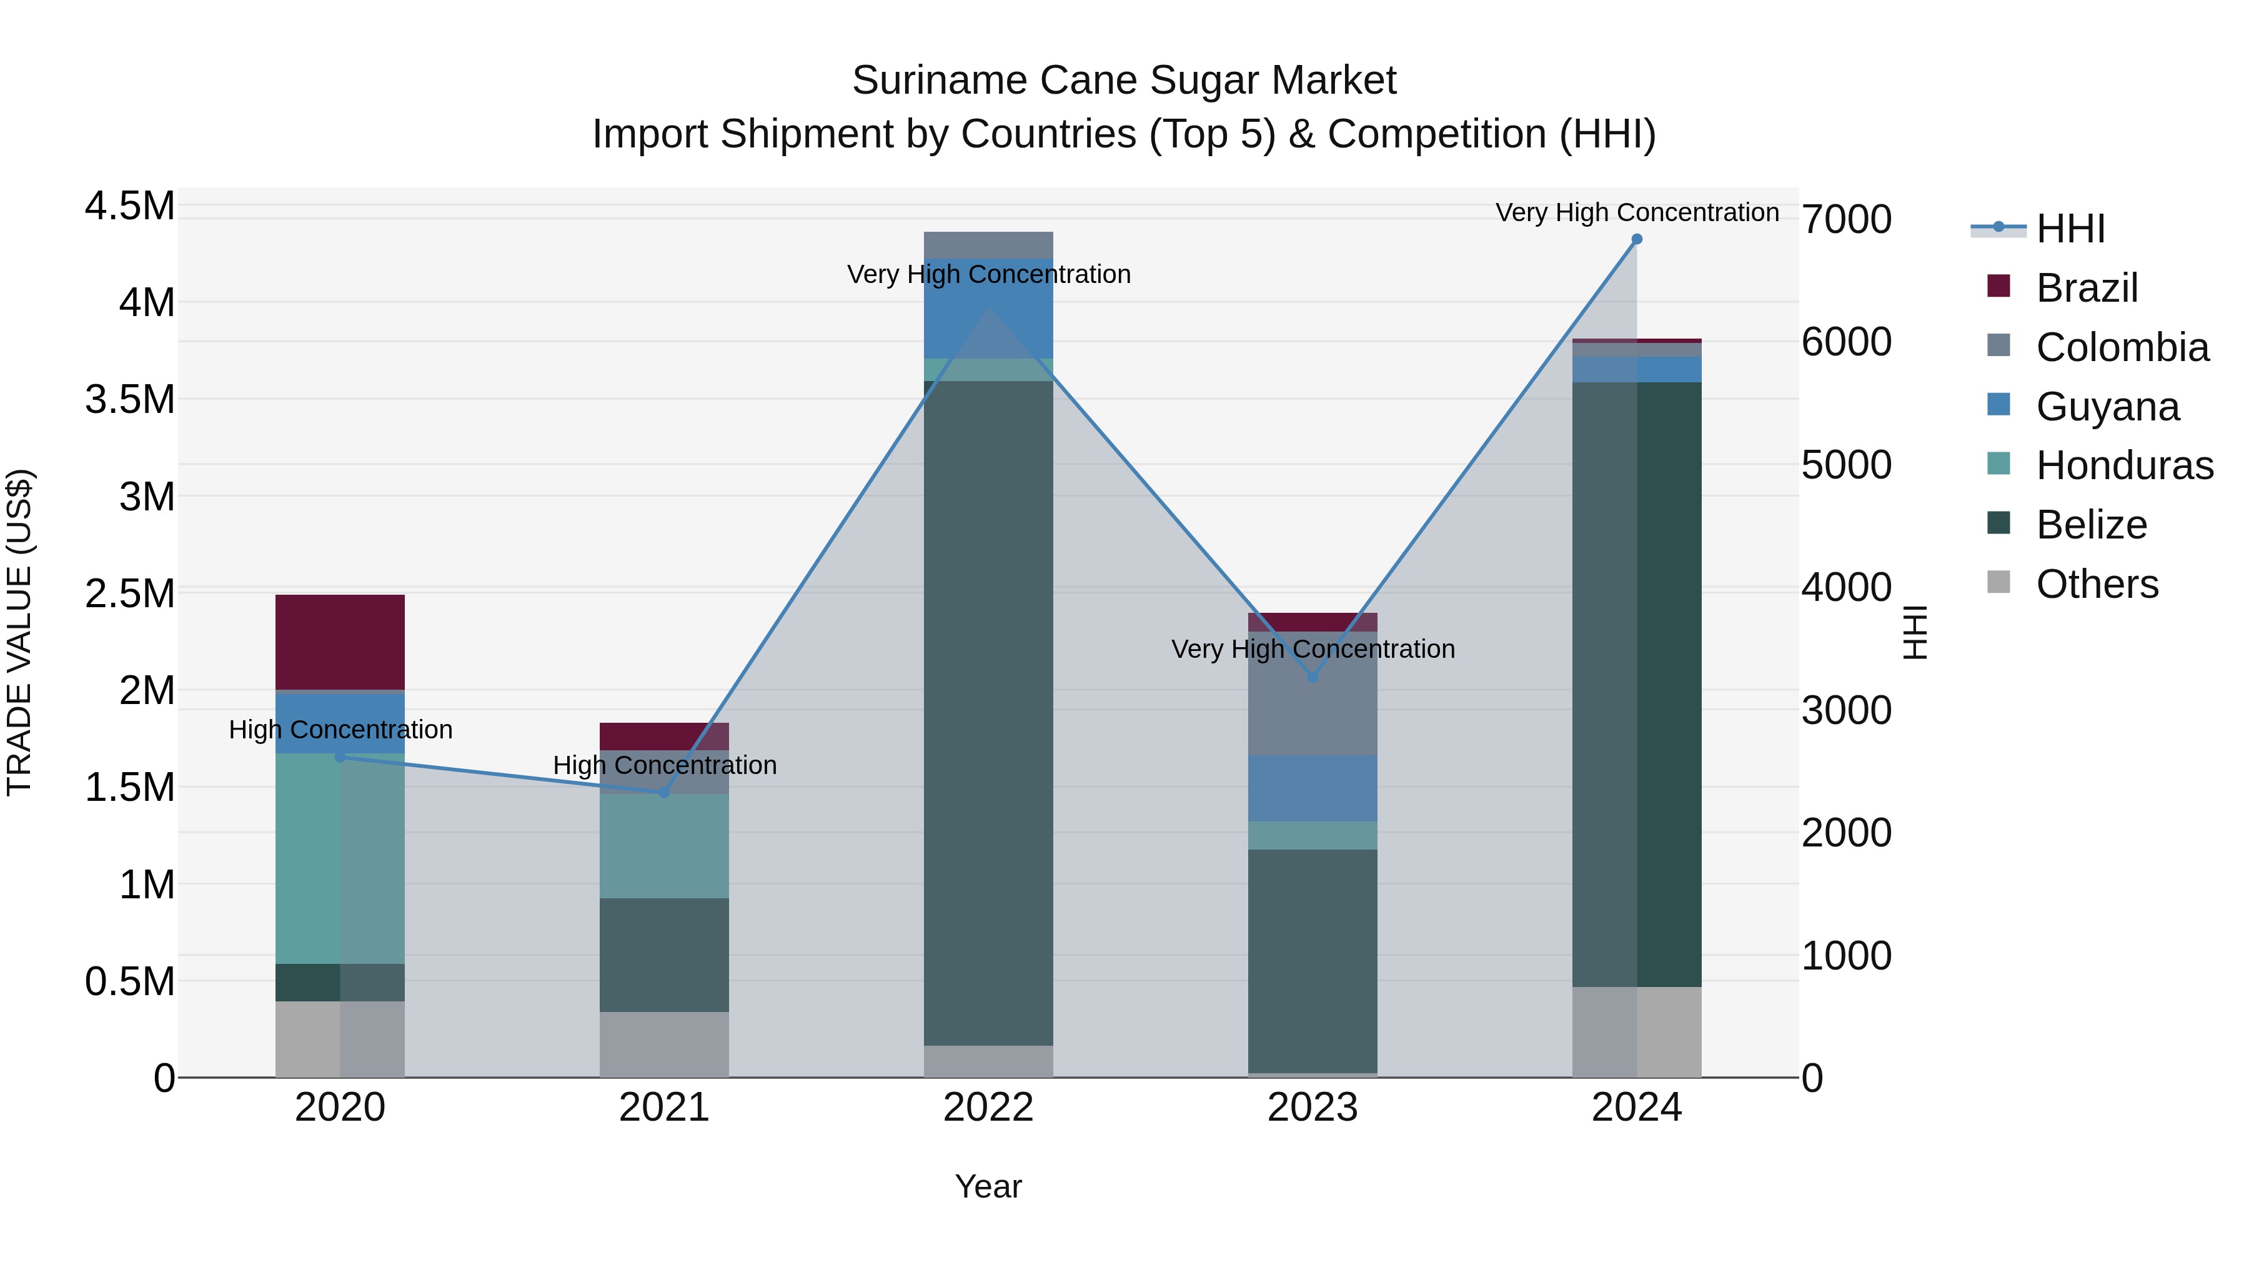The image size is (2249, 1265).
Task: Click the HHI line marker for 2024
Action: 1636,239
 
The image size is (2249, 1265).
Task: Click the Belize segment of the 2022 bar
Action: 988,712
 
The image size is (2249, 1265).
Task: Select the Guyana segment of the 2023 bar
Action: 1312,788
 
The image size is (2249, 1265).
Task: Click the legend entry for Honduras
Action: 2123,465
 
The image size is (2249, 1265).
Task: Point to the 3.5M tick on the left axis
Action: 130,400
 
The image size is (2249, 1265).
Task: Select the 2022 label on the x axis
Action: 988,1108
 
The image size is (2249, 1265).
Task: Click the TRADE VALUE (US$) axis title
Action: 19,632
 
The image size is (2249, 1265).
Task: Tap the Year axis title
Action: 988,1186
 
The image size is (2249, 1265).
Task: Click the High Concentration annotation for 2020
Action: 340,730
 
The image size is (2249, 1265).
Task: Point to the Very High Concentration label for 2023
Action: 1312,650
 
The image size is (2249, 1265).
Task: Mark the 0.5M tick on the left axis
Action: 130,982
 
